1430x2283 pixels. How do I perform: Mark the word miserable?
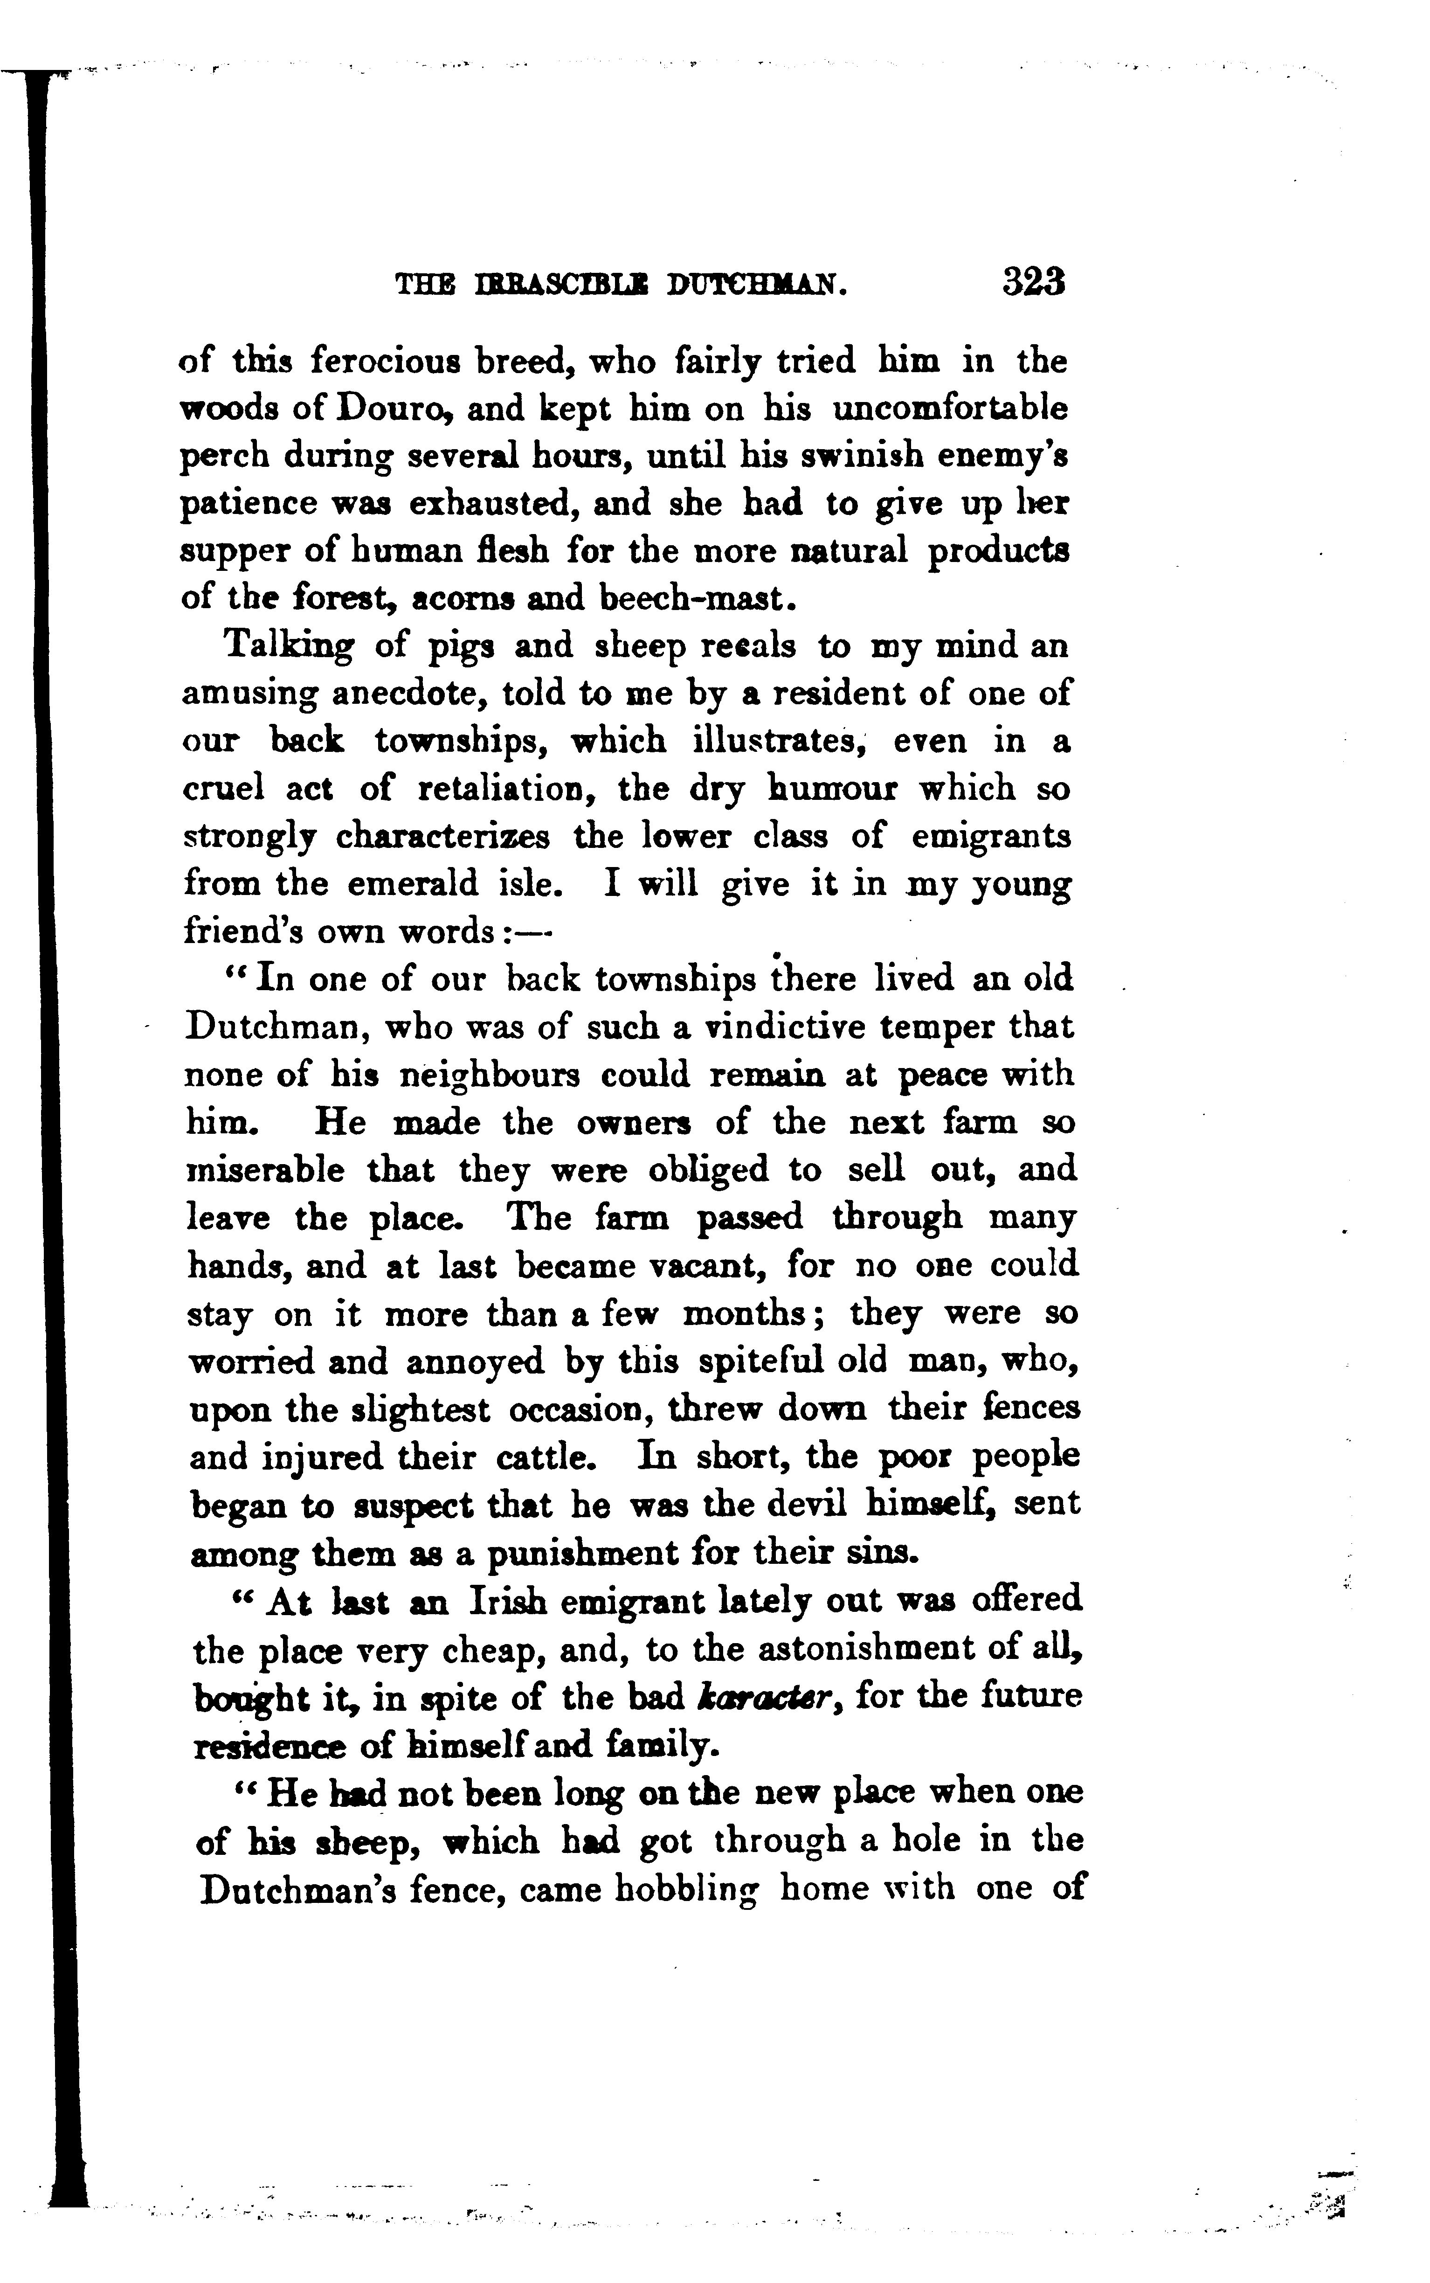[x=266, y=1170]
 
